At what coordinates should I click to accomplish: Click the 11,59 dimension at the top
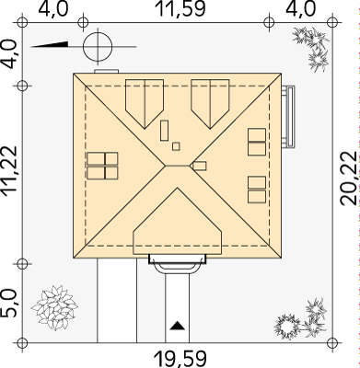180,9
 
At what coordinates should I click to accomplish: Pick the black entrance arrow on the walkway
178,326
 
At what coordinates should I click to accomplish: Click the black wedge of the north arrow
49,44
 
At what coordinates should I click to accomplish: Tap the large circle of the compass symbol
98,47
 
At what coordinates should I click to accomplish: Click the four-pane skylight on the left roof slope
102,166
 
